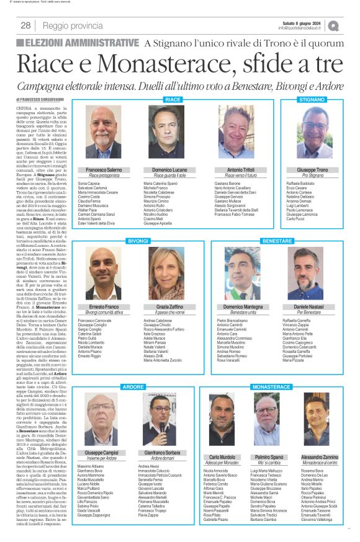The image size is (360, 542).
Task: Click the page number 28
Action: (x=26, y=25)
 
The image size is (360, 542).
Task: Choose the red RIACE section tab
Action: (x=173, y=100)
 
